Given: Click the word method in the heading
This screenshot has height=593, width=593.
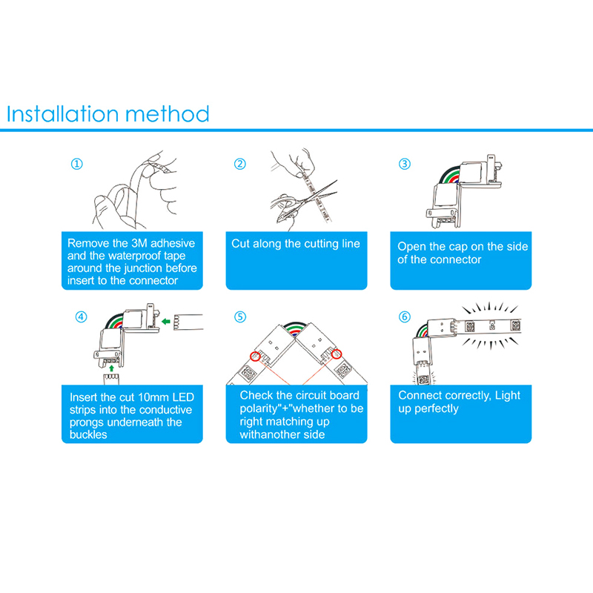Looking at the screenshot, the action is (x=168, y=113).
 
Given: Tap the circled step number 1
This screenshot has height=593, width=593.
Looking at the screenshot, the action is (x=77, y=164).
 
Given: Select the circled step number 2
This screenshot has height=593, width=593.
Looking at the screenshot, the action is (x=239, y=164).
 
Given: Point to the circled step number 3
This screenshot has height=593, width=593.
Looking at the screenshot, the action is (x=404, y=164).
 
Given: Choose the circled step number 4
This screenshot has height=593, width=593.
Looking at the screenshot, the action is (x=81, y=317).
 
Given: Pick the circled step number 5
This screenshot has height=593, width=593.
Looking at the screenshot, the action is (x=239, y=317).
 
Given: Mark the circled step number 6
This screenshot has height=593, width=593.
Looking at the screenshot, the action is (x=404, y=317).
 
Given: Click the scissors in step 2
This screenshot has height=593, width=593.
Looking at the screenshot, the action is (x=299, y=206).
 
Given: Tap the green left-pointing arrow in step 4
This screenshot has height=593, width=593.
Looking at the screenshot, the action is (x=165, y=322).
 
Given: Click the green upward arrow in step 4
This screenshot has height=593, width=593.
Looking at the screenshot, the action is (x=111, y=368).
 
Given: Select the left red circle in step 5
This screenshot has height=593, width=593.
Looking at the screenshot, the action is (x=255, y=356).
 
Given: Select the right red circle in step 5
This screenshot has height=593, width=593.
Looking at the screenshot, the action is (x=337, y=354).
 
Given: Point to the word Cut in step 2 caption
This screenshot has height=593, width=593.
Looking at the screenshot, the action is (x=240, y=244).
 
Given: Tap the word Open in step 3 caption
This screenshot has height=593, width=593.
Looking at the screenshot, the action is (x=410, y=247).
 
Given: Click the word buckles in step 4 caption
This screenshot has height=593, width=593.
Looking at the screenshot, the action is (x=88, y=434).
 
